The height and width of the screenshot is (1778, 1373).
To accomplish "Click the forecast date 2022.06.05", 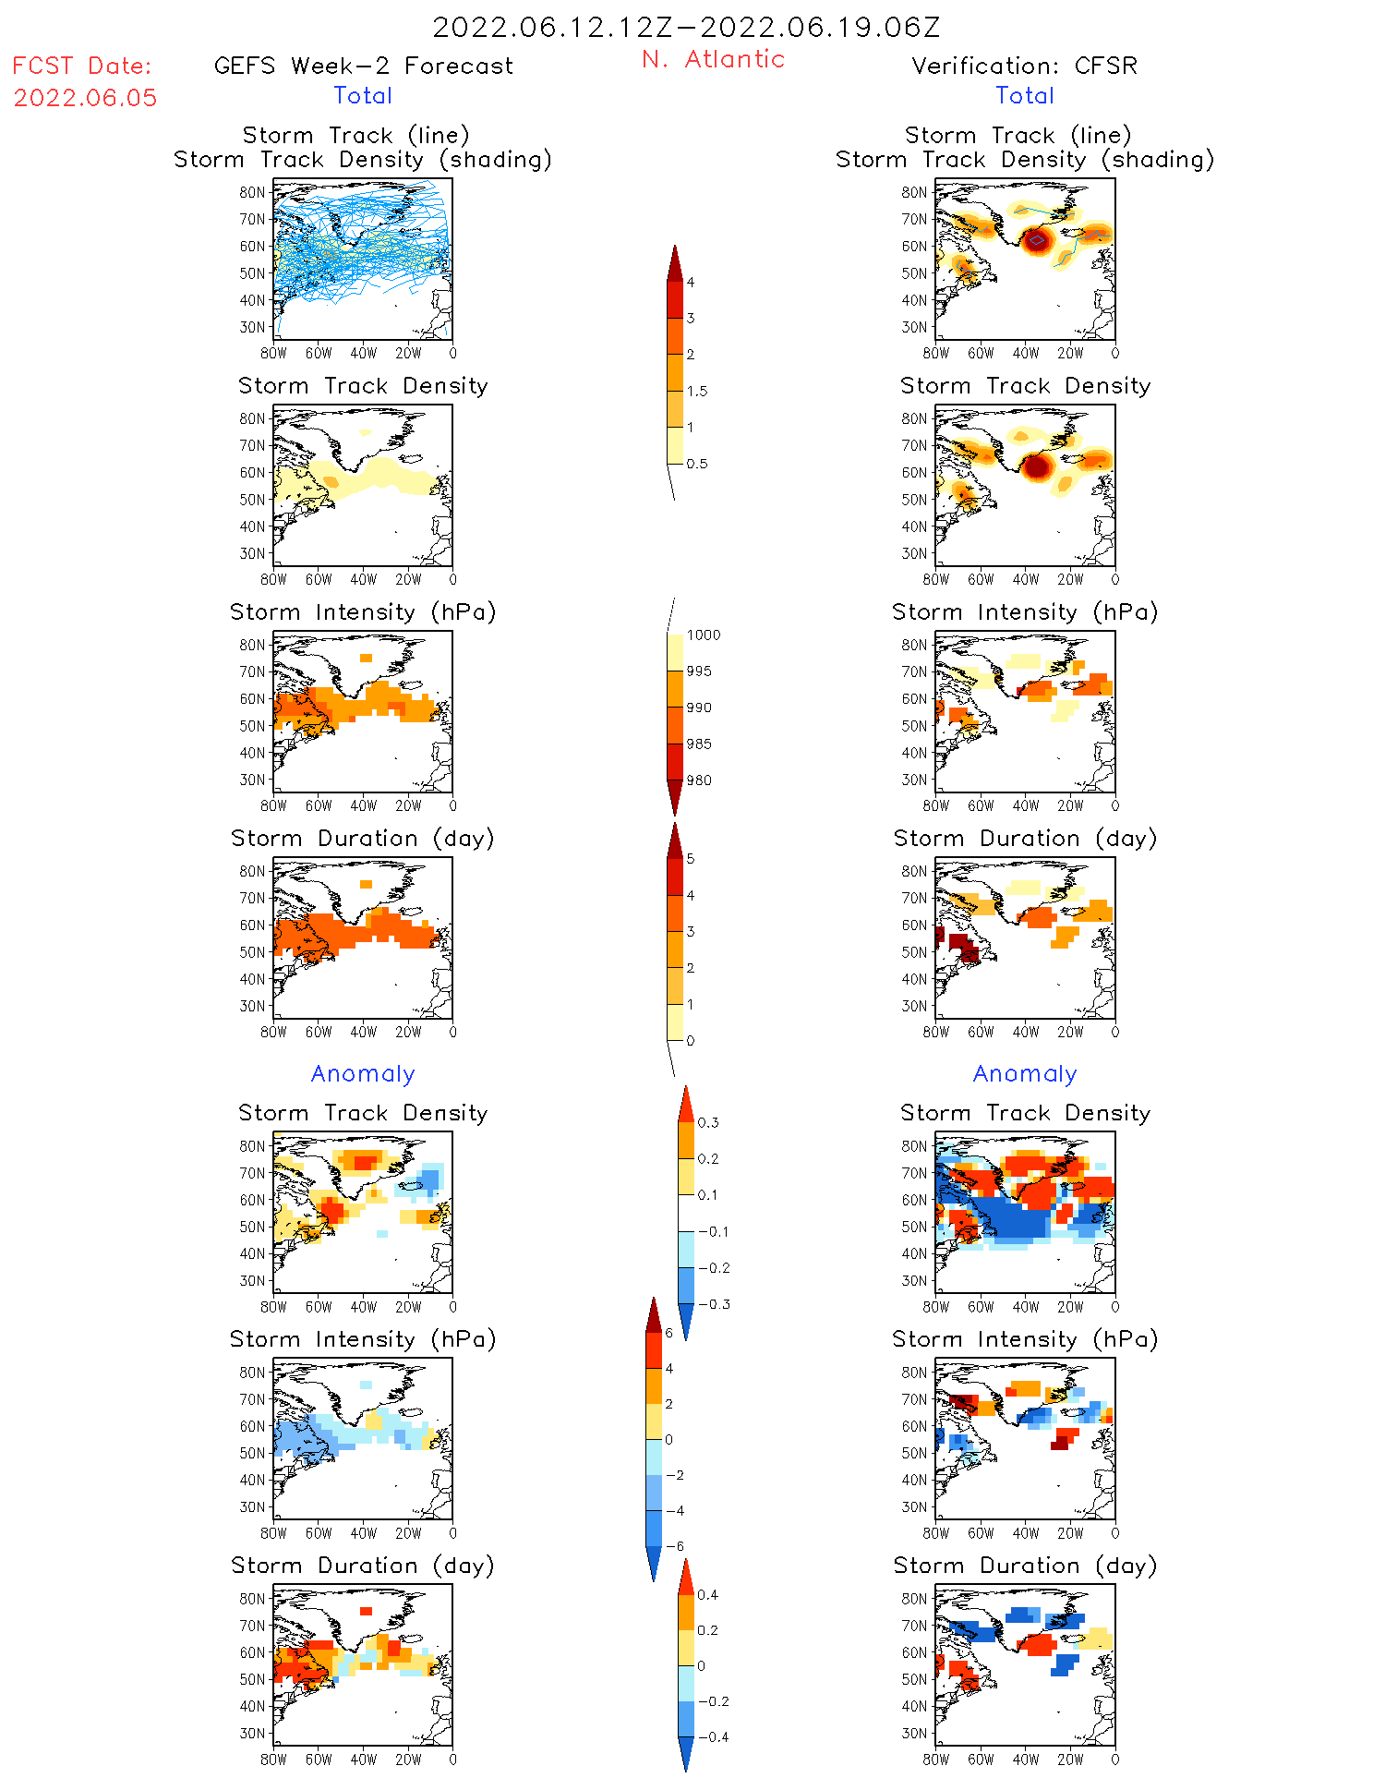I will point(85,98).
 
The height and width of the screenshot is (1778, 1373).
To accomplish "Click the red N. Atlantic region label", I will point(713,59).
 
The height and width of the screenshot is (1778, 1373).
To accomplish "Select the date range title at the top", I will point(686,27).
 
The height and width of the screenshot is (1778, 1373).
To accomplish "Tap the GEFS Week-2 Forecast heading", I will point(363,66).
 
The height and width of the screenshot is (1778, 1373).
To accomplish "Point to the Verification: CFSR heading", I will point(1024,66).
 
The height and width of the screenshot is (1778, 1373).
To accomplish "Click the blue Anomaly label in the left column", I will point(363,1073).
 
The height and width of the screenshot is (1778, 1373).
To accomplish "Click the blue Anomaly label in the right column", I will point(1025,1073).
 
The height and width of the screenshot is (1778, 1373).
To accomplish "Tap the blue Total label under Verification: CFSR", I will point(1025,95).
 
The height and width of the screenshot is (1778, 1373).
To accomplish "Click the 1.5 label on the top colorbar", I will point(697,391).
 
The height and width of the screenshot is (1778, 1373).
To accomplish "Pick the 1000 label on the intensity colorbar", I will point(704,635).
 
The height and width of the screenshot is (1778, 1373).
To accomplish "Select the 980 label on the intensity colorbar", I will point(699,780).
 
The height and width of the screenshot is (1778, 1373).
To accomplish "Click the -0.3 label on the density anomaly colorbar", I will point(713,1304).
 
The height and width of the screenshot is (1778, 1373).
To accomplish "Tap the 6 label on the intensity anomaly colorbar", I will point(669,1333).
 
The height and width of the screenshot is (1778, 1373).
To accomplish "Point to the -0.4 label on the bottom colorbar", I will point(713,1736).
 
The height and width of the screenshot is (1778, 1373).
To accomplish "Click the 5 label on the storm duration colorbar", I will point(691,859).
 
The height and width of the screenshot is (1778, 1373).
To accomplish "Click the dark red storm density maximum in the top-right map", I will point(1037,240).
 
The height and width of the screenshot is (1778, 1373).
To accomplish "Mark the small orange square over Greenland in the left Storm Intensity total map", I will point(367,658).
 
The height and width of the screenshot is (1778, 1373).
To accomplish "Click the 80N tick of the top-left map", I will point(251,192).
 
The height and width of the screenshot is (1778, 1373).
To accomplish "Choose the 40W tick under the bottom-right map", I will point(1025,1760).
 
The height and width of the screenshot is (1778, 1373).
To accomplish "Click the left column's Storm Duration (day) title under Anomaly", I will point(363,1566).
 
